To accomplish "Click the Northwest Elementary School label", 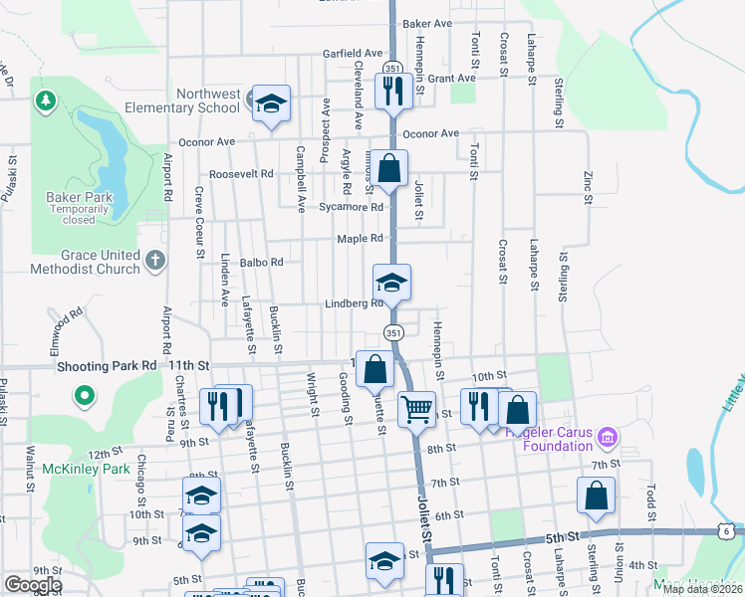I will [209, 100].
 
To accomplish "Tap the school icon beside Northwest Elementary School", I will [271, 102].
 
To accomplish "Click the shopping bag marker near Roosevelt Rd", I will [390, 166].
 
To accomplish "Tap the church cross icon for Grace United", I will [154, 261].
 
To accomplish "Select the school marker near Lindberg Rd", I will [392, 283].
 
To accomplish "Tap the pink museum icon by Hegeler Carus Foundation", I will [609, 436].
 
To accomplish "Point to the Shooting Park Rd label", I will [108, 365].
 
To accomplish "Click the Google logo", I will [33, 585].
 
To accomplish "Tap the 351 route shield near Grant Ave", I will [392, 68].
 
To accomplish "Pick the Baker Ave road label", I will [427, 23].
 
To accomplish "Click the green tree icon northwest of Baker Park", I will [45, 100].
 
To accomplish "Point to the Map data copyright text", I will [702, 589].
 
